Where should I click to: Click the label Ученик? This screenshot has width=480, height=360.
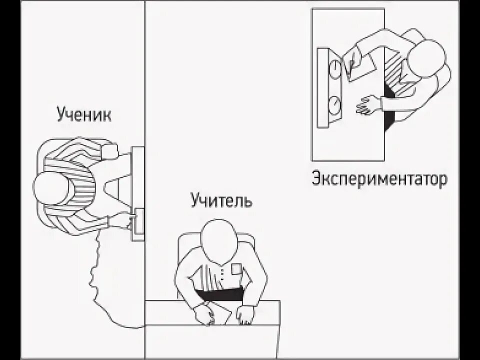(x=83, y=114)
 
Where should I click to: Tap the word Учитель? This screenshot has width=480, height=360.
(x=221, y=201)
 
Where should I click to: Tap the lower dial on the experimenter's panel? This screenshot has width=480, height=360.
(x=334, y=104)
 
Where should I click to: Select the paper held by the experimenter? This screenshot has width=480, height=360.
(x=361, y=68)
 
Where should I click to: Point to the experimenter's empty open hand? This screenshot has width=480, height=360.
(x=367, y=105)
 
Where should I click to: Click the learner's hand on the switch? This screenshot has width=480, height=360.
(x=122, y=220)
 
